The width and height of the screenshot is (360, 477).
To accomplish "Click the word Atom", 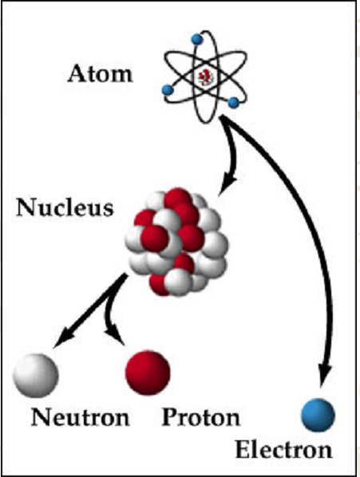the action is [x=100, y=74].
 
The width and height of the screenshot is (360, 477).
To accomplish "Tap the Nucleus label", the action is [x=65, y=207].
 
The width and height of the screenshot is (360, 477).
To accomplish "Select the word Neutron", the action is [x=81, y=417].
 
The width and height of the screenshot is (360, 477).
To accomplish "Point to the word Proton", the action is [x=201, y=417].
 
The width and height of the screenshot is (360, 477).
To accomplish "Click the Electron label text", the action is [x=283, y=450].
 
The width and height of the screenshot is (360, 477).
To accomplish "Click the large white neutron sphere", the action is [x=36, y=375].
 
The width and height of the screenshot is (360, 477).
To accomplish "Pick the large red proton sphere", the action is [x=148, y=373].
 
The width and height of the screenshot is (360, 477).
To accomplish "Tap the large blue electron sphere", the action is [x=318, y=415].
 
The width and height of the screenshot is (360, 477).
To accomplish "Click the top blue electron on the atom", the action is [x=197, y=39].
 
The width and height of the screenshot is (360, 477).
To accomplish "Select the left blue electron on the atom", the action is [x=168, y=90].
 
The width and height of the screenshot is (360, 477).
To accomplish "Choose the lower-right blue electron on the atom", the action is [x=233, y=103].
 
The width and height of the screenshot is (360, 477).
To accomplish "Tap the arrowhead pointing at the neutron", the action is [x=63, y=337].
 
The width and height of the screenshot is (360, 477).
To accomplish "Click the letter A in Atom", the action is [x=77, y=74].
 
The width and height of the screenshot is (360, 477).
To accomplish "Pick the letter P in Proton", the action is [x=170, y=417].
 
